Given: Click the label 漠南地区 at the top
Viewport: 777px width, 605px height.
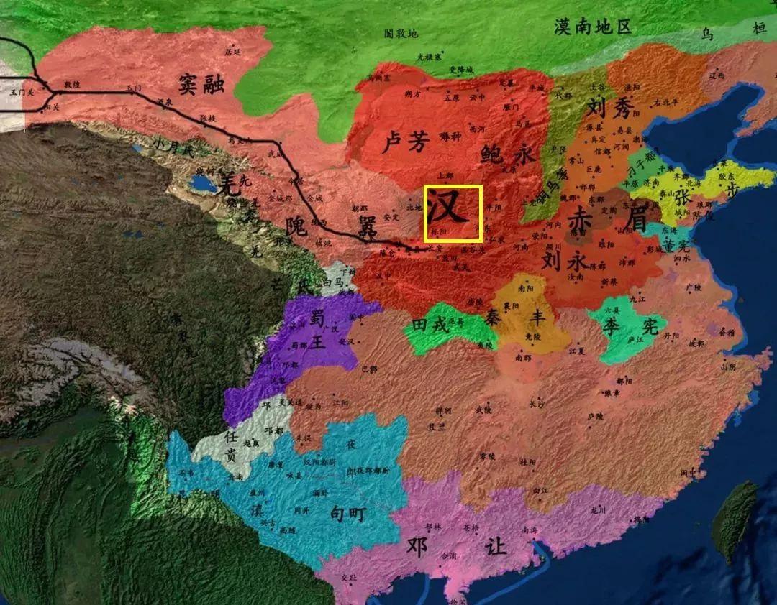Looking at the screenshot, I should (592, 27).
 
